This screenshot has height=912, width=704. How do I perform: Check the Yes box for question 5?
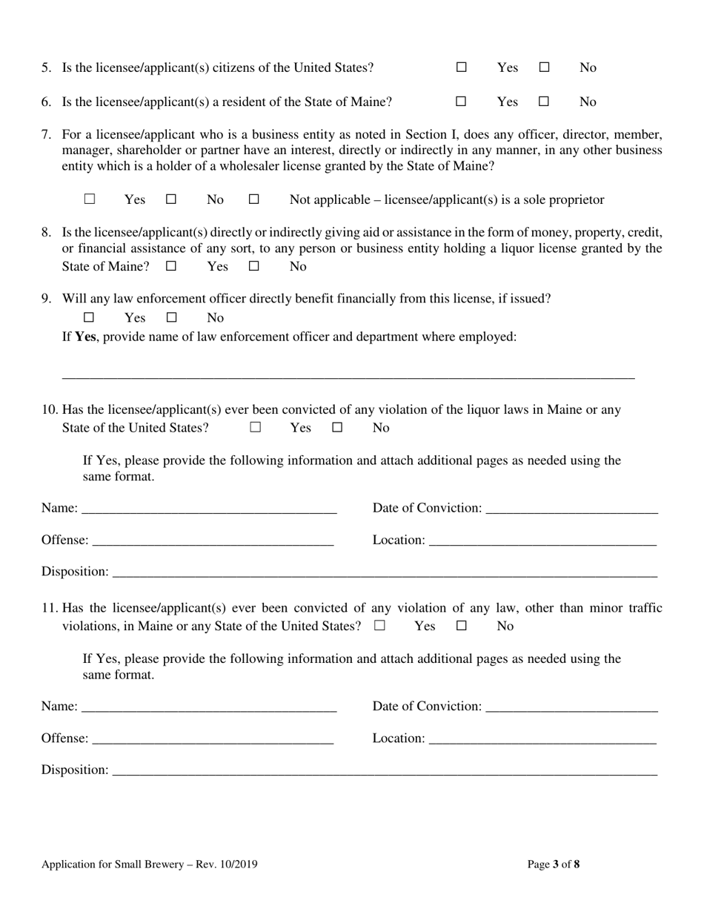(461, 67)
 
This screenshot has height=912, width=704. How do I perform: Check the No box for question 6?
(543, 102)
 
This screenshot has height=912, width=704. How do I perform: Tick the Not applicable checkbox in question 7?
(253, 199)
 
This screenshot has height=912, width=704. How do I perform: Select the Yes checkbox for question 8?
(171, 266)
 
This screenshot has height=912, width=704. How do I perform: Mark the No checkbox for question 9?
(171, 317)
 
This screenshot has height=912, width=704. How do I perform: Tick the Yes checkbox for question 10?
(255, 428)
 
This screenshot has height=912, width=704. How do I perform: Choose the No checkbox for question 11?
(461, 626)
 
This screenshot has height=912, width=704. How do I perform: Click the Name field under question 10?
(208, 509)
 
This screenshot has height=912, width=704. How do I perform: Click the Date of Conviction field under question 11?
(571, 707)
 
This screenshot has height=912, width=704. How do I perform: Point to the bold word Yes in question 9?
(86, 337)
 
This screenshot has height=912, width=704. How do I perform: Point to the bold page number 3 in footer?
(556, 864)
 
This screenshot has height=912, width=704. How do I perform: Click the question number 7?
(46, 135)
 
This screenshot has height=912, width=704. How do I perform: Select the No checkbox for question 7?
(171, 199)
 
